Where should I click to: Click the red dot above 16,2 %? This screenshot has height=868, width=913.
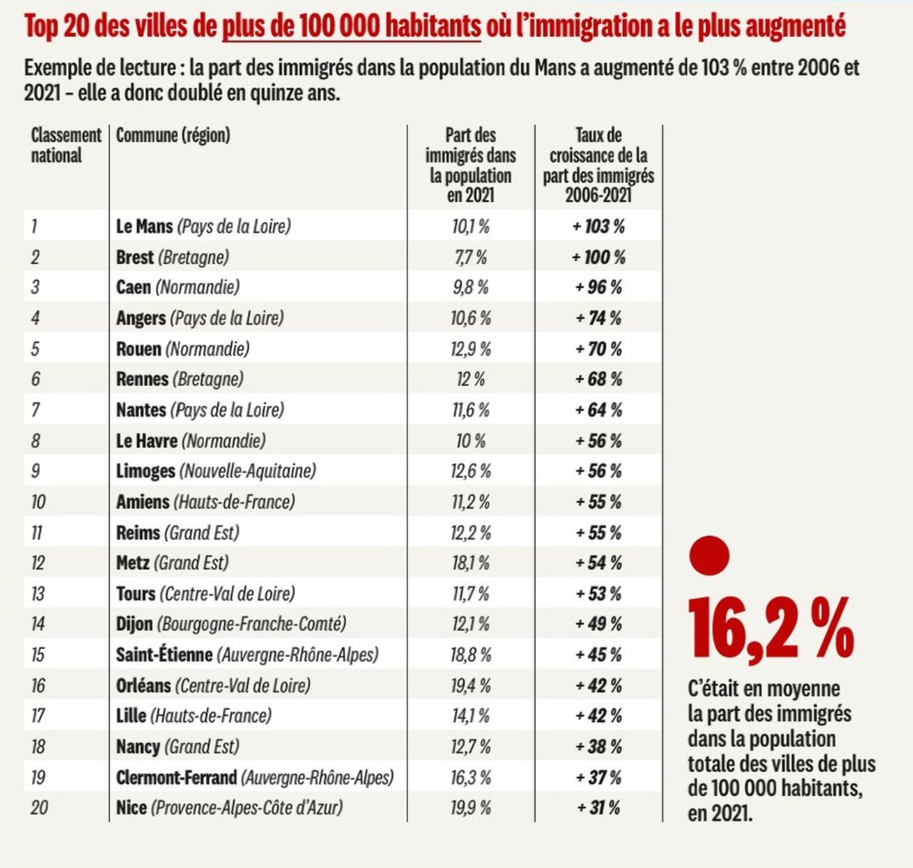pos(709,556)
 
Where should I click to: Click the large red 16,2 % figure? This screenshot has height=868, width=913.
pos(770,630)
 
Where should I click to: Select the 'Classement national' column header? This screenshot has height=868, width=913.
pos(66,145)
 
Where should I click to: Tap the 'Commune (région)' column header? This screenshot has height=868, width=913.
pos(173,135)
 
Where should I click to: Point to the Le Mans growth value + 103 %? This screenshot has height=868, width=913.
pos(598,226)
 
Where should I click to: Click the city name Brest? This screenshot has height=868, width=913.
pos(134,257)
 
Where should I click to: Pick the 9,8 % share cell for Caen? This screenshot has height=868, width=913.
pos(470,287)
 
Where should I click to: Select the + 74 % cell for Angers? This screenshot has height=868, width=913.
pos(598,318)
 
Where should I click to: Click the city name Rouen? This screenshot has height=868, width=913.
pos(138,349)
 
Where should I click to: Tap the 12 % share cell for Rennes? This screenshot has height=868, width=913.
pos(470,379)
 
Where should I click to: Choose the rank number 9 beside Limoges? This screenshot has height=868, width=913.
pos(35,471)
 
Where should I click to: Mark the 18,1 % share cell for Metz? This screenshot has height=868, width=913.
pos(470,563)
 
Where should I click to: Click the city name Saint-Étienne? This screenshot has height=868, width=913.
pos(164,654)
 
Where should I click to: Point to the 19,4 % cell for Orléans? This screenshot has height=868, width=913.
pos(470,685)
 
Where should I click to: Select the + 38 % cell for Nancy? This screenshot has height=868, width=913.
pos(598,747)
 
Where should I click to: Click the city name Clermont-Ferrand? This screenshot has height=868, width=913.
pos(176,777)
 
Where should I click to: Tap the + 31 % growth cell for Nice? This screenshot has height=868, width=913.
pos(598,807)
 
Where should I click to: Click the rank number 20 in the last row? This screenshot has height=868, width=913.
pos(39,807)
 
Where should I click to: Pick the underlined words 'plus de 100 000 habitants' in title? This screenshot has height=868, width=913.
pos(351,27)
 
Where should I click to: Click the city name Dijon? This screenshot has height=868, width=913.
pos(134,624)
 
